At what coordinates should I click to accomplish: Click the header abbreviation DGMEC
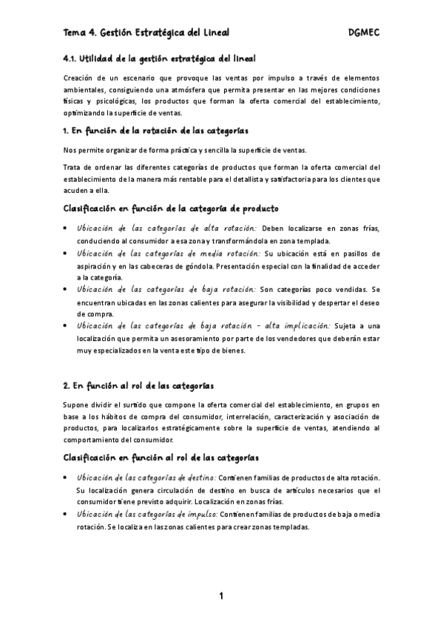pyautogui.click(x=362, y=33)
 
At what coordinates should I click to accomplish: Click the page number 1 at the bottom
pyautogui.click(x=220, y=596)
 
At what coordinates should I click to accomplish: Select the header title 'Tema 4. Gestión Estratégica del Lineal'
pyautogui.click(x=146, y=33)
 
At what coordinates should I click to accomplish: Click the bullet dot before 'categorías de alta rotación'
pyautogui.click(x=66, y=228)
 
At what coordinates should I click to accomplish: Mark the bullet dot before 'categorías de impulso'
pyautogui.click(x=66, y=514)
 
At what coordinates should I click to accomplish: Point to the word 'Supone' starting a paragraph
pyautogui.click(x=77, y=404)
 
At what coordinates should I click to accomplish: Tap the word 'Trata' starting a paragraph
pyautogui.click(x=74, y=166)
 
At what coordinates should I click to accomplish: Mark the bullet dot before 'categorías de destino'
pyautogui.click(x=66, y=478)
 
